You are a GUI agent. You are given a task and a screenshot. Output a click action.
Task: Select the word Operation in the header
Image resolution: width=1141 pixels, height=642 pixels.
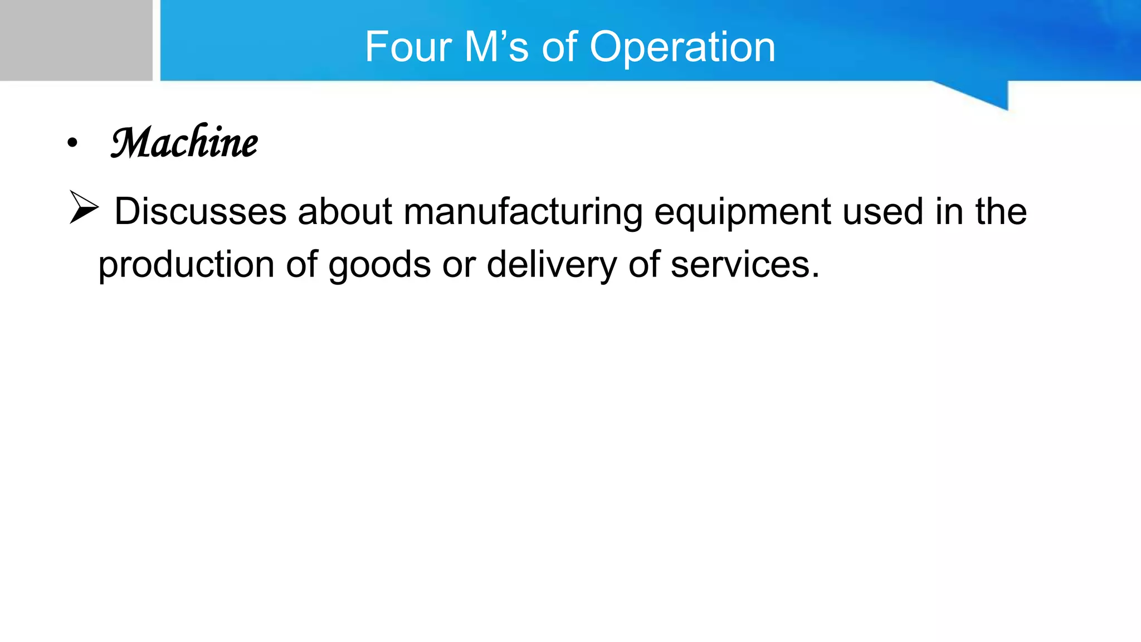tap(682, 48)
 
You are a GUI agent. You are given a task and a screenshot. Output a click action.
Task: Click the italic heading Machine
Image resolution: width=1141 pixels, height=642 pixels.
tap(184, 143)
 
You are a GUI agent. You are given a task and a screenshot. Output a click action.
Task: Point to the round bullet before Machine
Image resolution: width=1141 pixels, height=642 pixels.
tap(72, 143)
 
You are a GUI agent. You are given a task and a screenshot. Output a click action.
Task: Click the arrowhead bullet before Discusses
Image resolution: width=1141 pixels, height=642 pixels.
tap(84, 207)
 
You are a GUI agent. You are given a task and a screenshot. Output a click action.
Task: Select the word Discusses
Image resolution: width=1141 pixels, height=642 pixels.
tap(200, 212)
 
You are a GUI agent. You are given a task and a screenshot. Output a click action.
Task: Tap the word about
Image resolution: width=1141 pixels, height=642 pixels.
tap(345, 212)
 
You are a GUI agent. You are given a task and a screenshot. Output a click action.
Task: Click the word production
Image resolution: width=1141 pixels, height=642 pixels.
tap(186, 265)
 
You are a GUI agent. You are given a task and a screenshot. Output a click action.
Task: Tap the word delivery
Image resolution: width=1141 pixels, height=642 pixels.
tap(551, 265)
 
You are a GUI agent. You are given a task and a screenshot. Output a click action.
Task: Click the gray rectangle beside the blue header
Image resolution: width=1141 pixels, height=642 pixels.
tap(76, 40)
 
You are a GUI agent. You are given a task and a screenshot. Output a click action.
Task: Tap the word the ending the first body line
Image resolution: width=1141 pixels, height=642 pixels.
tap(1001, 212)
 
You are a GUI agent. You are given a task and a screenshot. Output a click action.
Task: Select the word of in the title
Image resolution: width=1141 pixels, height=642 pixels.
tap(559, 47)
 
